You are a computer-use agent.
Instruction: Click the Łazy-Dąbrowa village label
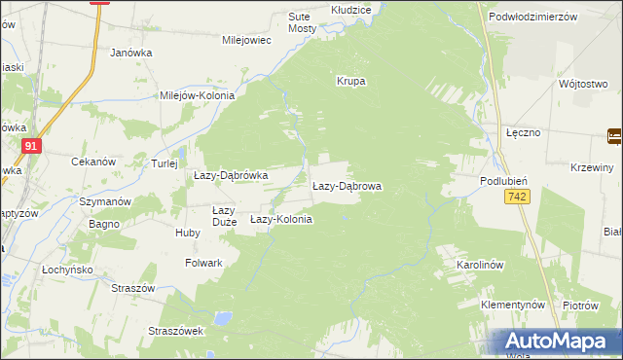coord(347,185)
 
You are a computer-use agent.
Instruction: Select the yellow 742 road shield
coord(517,198)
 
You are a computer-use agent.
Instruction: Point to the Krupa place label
coord(350,81)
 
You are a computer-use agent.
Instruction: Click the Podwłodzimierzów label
coord(533,17)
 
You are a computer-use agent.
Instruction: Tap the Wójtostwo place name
coord(583,84)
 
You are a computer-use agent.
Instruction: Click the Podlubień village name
coord(503,181)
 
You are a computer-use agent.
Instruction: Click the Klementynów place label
coord(513,305)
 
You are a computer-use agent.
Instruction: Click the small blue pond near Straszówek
coord(224,318)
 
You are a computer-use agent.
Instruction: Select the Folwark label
coord(204,263)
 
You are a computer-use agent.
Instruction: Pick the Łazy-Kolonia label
coord(281,220)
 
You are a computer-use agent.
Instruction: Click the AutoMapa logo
coord(560,342)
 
